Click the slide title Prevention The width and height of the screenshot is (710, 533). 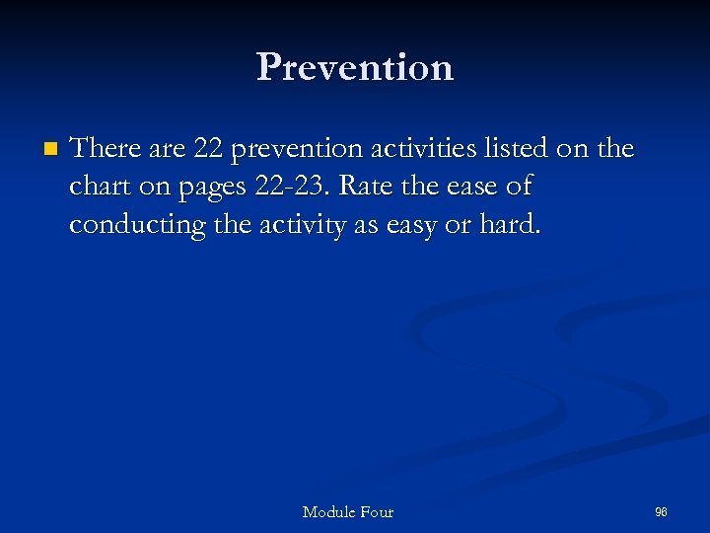(x=355, y=67)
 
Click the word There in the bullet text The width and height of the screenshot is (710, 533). (x=107, y=149)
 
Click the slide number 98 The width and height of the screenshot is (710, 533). (x=661, y=511)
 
